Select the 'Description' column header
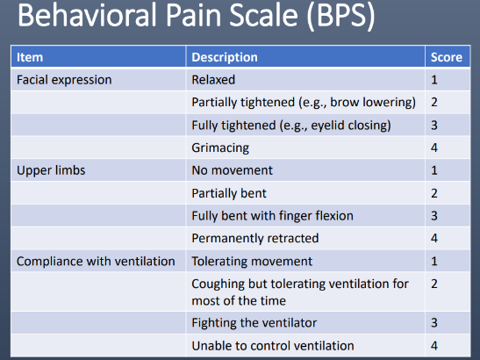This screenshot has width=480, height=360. click(225, 57)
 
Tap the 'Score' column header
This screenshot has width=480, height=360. click(445, 57)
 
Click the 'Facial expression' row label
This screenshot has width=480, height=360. click(64, 79)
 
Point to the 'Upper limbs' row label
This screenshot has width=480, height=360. click(51, 169)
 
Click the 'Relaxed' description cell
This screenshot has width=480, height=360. click(213, 79)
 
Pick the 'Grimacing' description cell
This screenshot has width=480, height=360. click(220, 147)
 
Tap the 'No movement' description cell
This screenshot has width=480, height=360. click(233, 169)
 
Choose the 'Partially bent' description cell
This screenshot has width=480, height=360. click(229, 192)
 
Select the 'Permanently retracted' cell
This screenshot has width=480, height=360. click(255, 238)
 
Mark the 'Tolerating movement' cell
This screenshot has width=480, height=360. click(251, 261)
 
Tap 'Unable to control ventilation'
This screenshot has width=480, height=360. click(273, 345)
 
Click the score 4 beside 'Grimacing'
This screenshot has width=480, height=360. click(435, 147)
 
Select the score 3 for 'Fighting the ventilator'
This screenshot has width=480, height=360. click(435, 322)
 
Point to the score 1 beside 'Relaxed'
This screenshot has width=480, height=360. click(435, 79)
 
